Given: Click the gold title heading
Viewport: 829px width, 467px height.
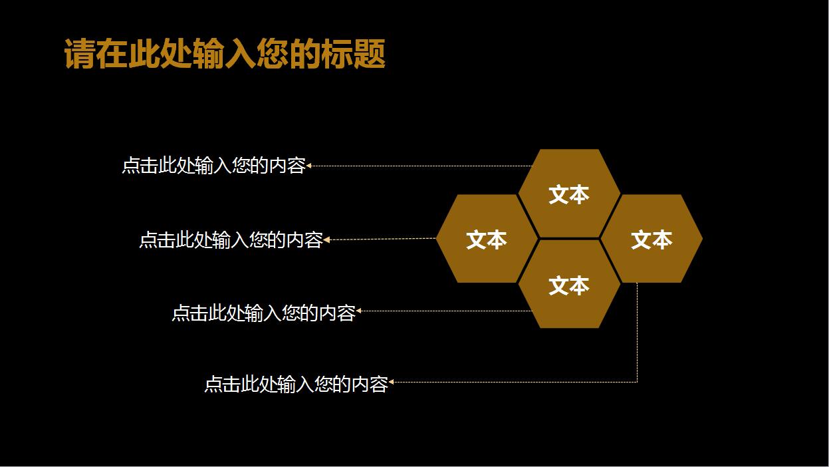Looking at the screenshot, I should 225,55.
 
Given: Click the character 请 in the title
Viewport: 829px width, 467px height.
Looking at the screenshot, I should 80,55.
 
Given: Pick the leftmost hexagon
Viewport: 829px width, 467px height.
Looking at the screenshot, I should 487,239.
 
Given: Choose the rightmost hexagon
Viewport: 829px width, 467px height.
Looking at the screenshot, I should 651,239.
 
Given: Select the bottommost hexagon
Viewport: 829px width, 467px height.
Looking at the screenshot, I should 569,285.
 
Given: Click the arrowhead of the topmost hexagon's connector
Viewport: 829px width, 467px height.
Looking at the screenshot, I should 309,166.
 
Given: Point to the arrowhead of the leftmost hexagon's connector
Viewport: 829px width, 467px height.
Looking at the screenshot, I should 326,239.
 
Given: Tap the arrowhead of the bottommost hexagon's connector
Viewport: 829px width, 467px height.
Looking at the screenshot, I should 359,311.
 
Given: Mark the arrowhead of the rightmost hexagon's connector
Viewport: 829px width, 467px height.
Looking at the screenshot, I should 392,382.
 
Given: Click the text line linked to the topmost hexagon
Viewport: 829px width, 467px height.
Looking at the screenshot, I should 213,166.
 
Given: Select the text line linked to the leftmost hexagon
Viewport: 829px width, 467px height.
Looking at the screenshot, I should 231,239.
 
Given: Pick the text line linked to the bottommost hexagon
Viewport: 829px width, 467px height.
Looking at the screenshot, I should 263,313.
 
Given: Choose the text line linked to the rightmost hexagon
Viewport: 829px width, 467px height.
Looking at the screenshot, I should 296,384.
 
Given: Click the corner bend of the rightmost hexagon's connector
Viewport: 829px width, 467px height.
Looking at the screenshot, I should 637,381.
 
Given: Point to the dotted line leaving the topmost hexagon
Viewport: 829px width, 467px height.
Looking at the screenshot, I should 419,166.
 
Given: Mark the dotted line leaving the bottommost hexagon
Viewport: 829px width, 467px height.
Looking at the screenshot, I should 445,311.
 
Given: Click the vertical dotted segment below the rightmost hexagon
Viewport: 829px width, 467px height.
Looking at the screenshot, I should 637,333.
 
